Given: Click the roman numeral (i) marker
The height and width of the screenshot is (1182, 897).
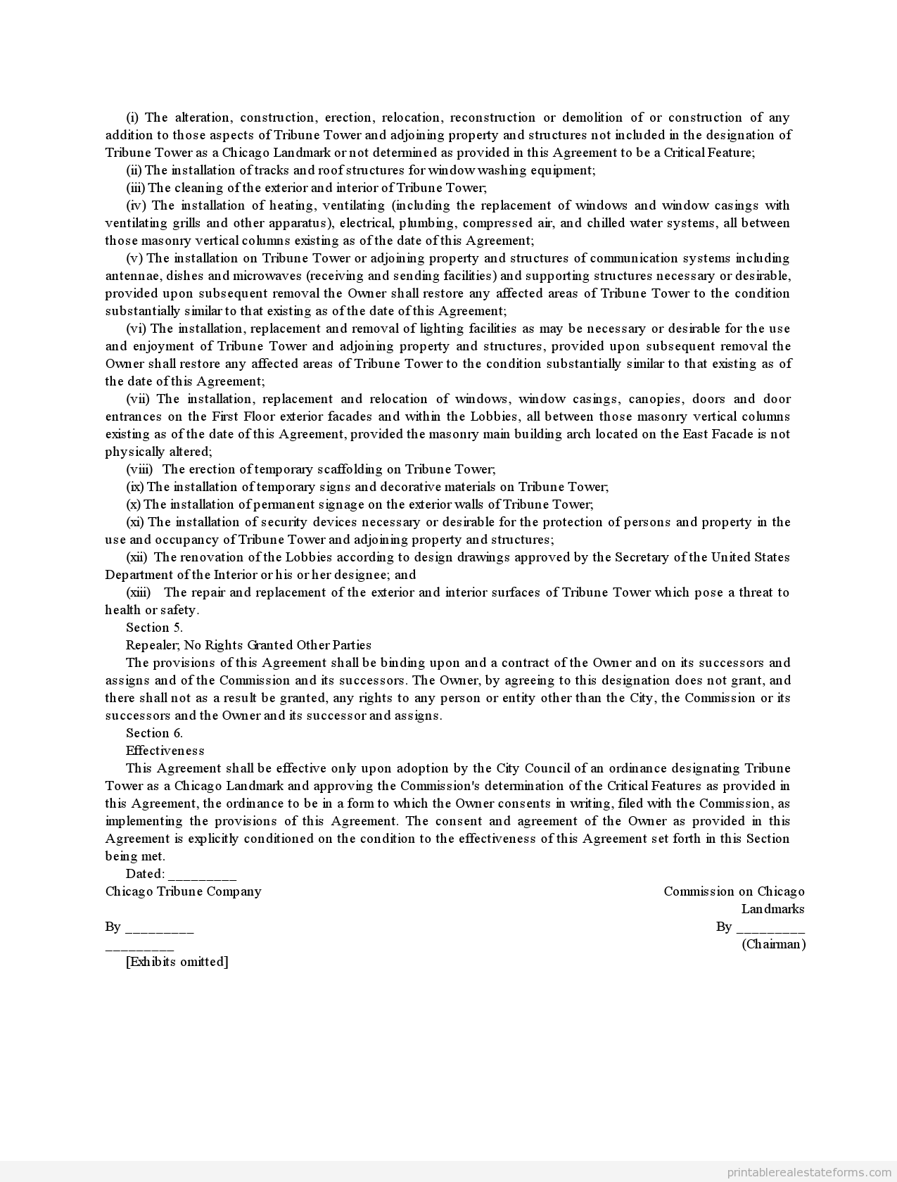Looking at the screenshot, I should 132,117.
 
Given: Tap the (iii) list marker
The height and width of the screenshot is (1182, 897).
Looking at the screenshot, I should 136,188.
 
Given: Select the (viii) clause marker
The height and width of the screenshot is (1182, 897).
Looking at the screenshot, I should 139,469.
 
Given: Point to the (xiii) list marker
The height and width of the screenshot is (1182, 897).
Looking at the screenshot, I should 139,592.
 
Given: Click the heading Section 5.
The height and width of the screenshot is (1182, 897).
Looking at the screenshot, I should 154,628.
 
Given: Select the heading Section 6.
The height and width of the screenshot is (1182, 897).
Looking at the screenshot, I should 154,733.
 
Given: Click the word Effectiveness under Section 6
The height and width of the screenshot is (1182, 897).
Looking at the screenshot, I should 165,751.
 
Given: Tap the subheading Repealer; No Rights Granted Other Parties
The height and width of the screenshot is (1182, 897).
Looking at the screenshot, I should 248,645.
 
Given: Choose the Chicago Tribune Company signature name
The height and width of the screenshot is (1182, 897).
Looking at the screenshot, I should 184,891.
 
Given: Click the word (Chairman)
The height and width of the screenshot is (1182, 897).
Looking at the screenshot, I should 774,944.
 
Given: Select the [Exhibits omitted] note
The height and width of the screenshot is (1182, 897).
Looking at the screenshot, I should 177,962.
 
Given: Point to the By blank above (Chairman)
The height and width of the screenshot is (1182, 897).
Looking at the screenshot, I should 770,927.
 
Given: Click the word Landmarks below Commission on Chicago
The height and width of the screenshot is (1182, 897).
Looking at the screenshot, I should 772,909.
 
